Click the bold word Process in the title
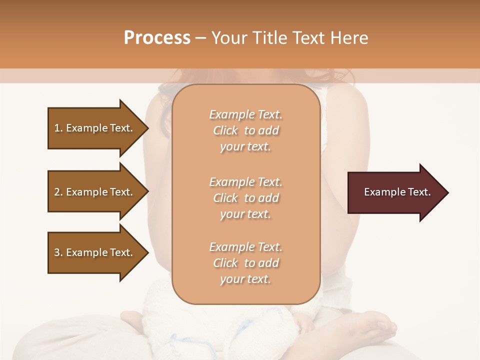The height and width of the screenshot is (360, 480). [157, 38]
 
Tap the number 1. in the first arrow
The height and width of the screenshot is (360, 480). [58, 128]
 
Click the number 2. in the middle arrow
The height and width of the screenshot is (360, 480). [58, 192]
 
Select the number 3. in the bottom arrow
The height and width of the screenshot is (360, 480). [58, 252]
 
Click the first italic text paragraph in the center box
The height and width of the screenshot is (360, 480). [245, 130]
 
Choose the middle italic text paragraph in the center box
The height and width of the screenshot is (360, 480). [245, 198]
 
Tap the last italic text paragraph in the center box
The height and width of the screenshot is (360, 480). [245, 263]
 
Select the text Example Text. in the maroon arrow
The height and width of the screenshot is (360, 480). [397, 192]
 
